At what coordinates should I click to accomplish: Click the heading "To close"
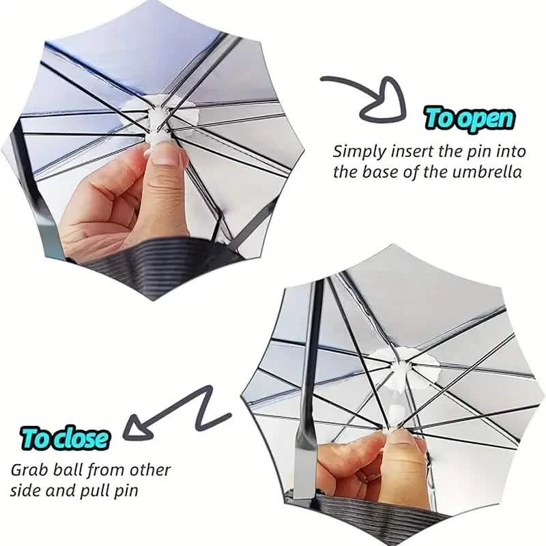pyautogui.click(x=65, y=437)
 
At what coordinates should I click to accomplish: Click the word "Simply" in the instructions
pyautogui.click(x=359, y=150)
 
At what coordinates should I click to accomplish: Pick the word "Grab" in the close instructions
pyautogui.click(x=28, y=471)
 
